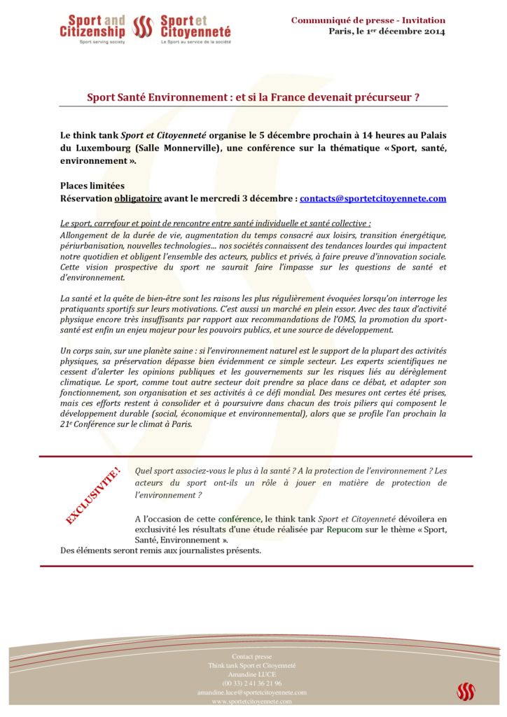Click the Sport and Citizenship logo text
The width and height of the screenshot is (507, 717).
92,27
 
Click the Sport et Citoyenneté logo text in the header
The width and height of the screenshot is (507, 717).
195,27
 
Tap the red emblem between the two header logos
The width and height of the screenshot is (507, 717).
143,27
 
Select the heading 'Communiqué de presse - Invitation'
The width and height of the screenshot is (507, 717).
368,20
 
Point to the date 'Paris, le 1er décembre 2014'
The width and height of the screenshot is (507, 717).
387,32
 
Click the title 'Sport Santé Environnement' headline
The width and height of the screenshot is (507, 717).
253,97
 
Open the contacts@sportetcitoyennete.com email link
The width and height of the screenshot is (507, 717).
373,199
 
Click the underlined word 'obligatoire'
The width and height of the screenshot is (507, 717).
138,199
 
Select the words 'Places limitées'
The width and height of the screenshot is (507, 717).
92,186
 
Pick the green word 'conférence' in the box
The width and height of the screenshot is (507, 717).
239,519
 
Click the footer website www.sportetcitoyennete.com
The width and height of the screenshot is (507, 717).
252,701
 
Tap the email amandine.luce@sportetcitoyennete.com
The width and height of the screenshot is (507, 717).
252,692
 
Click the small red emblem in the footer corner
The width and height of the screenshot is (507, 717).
466,691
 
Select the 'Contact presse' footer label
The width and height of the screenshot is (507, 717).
252,657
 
